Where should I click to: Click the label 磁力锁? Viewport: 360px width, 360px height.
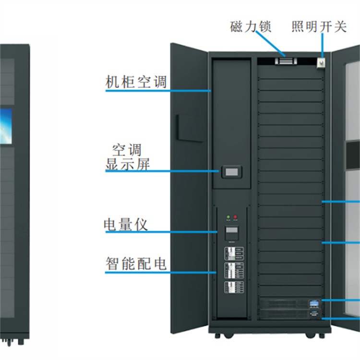tap(251, 26)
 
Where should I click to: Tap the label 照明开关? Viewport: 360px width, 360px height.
tap(319, 26)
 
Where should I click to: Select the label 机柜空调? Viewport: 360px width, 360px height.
tap(136, 81)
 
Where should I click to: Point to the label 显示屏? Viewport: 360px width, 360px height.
tap(128, 165)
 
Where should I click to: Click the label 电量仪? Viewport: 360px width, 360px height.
tap(126, 224)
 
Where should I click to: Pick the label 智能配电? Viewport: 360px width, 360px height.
tap(136, 264)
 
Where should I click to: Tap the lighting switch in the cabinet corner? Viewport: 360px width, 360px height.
tap(321, 62)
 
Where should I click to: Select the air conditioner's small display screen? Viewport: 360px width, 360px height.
tap(231, 171)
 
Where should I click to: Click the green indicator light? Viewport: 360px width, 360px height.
tap(228, 217)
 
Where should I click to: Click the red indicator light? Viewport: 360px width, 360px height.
tap(235, 217)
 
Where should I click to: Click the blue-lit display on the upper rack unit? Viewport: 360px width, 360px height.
tap(314, 302)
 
